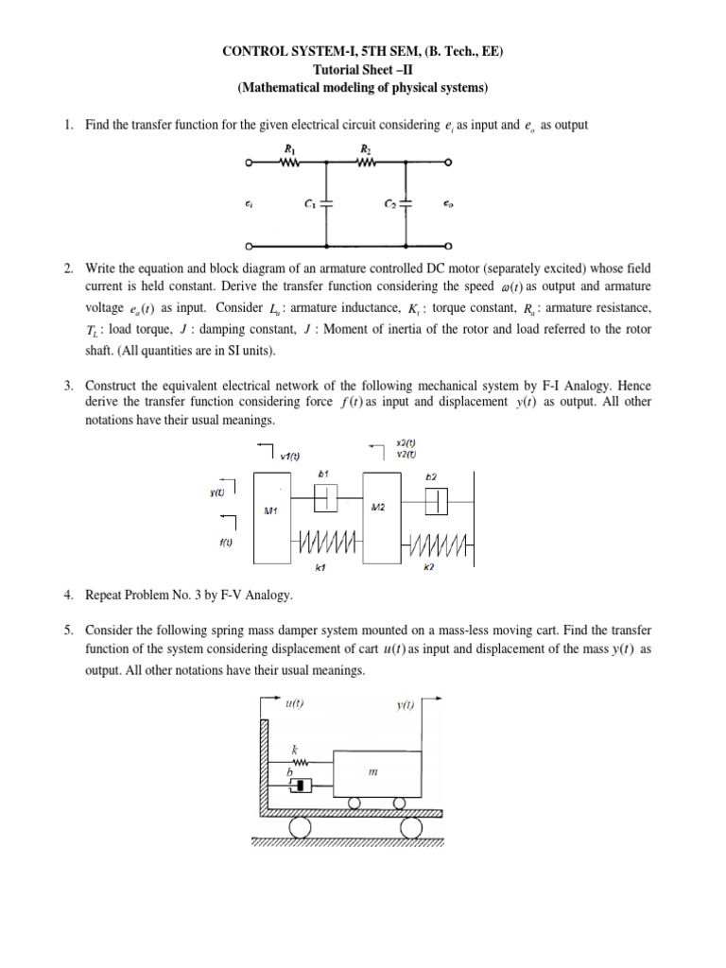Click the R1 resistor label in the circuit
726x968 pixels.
coord(287,148)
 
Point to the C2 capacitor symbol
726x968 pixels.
coord(406,202)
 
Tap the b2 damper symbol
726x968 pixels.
coord(436,500)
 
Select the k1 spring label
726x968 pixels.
coord(320,567)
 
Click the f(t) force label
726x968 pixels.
coord(226,542)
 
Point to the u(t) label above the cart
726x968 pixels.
coord(293,704)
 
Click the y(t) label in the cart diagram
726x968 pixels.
coord(405,705)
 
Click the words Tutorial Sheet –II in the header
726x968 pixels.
coord(362,69)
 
